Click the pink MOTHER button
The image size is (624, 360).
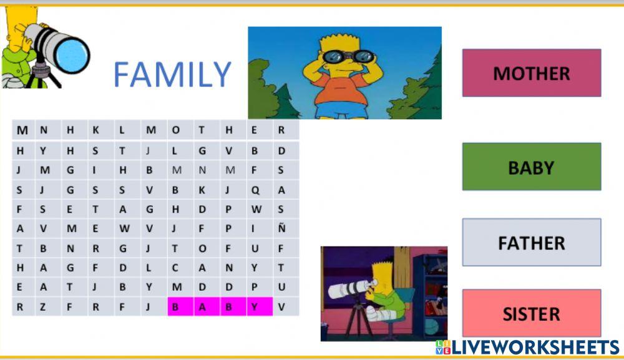click(531, 73)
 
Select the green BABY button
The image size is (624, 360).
click(531, 167)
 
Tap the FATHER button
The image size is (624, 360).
click(531, 242)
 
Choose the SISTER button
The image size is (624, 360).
click(531, 313)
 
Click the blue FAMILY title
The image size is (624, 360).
click(172, 75)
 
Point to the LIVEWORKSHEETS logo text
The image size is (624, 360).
click(535, 347)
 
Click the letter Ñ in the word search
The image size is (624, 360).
click(281, 228)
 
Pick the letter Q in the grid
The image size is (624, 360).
click(255, 190)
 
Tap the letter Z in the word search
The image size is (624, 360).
click(43, 306)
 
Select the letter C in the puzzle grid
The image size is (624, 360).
click(175, 268)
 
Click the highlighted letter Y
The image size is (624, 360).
click(255, 306)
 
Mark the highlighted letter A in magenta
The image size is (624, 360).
click(202, 306)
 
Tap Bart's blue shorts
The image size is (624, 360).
click(340, 110)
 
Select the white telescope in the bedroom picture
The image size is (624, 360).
click(350, 288)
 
